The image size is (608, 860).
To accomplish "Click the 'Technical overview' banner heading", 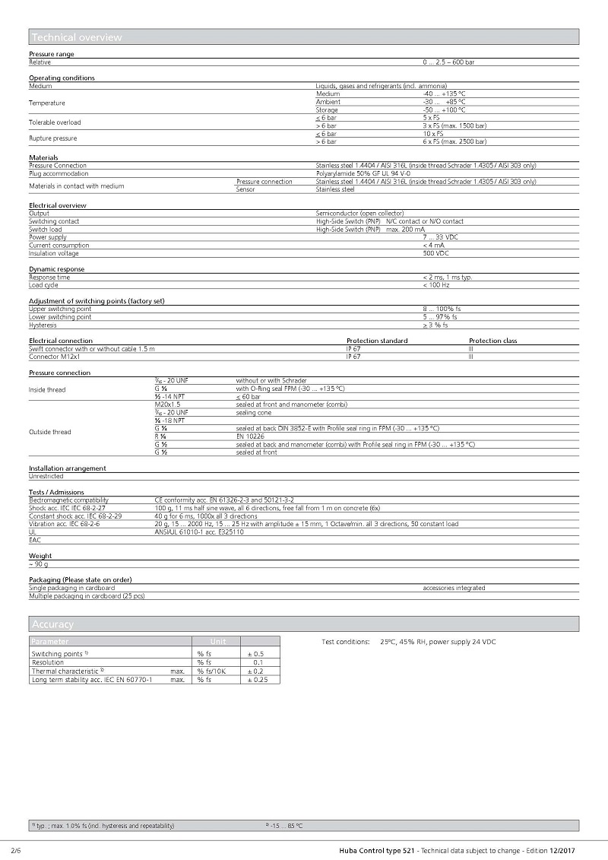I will (77, 37).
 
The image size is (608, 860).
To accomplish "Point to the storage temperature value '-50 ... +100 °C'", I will (444, 110).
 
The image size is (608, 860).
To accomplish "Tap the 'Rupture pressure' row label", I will (53, 138).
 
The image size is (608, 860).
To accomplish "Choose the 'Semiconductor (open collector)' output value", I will (360, 214).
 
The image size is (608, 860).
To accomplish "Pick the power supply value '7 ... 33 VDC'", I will (441, 237).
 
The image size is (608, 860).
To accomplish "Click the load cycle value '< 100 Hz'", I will (436, 285).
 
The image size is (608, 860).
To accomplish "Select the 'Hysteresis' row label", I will (43, 325).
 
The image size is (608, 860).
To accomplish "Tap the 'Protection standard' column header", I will (377, 341).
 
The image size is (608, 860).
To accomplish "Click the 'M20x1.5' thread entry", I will (167, 405).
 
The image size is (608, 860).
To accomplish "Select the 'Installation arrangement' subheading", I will (68, 468).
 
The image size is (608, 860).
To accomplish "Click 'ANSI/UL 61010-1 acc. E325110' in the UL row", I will (199, 532).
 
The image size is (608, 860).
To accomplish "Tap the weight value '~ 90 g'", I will (39, 564).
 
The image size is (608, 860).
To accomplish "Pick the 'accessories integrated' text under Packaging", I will (454, 588).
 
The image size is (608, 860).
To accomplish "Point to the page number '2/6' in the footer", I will (16, 849).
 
